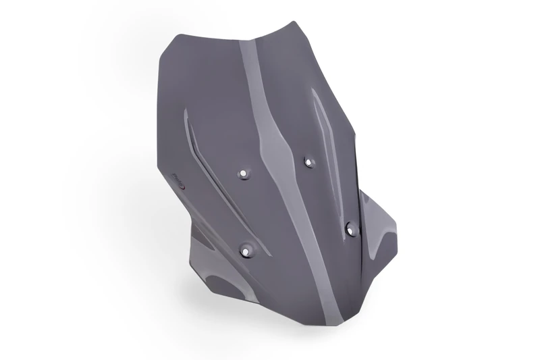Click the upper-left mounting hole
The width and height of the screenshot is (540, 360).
tap(244, 174)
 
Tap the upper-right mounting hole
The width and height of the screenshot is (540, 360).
tap(309, 161)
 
